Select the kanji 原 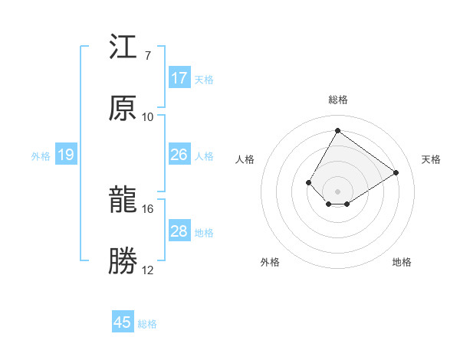pyautogui.click(x=123, y=109)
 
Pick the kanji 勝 pyautogui.click(x=123, y=262)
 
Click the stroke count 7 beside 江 pyautogui.click(x=147, y=56)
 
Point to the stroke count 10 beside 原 pyautogui.click(x=148, y=117)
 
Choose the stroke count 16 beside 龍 pyautogui.click(x=148, y=208)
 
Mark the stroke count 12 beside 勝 pyautogui.click(x=148, y=270)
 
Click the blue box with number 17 pyautogui.click(x=179, y=78)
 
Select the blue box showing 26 pyautogui.click(x=179, y=155)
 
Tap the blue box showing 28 pyautogui.click(x=179, y=231)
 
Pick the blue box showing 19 pyautogui.click(x=66, y=155)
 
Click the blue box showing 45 pyautogui.click(x=123, y=322)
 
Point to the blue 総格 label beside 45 pyautogui.click(x=147, y=324)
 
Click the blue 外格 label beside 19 pyautogui.click(x=41, y=156)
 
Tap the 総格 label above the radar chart pyautogui.click(x=337, y=100)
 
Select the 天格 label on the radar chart pyautogui.click(x=431, y=159)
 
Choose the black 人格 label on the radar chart pyautogui.click(x=245, y=159)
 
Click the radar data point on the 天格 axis pyautogui.click(x=396, y=173)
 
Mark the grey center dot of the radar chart pyautogui.click(x=337, y=191)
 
